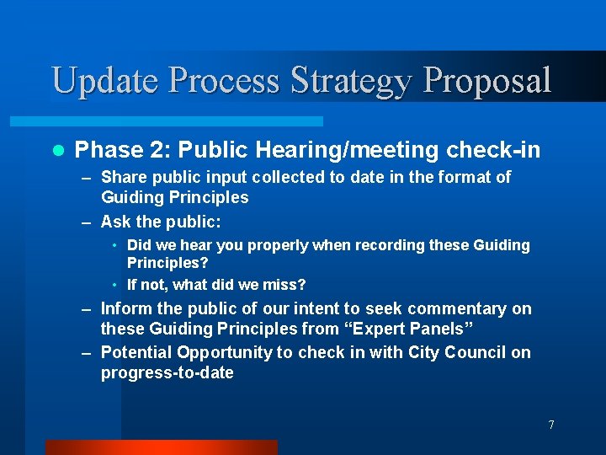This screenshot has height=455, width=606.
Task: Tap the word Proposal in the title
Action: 487,81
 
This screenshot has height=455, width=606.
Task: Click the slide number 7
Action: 551,425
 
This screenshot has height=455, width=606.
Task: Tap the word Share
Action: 124,177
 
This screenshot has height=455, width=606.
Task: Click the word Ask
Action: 116,222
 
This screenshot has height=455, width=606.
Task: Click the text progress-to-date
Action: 167,372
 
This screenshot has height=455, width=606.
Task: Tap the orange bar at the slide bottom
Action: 161,447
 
